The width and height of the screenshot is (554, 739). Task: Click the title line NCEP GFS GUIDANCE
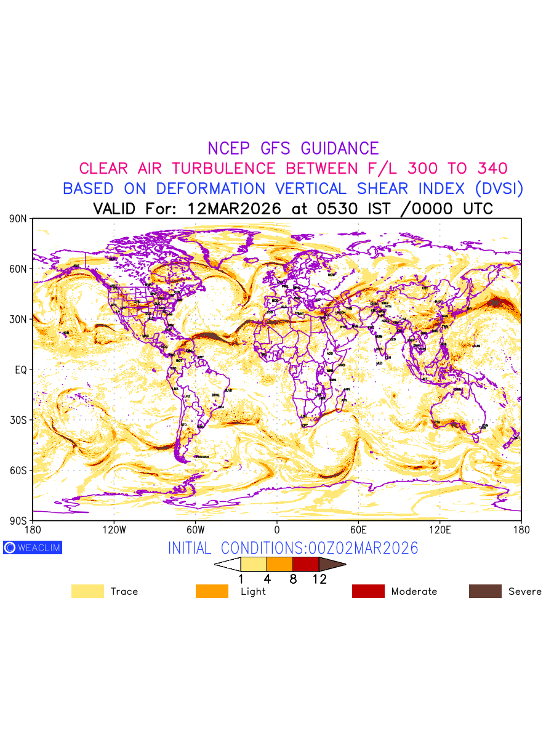(x=293, y=148)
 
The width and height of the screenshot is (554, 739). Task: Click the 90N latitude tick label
(x=17, y=219)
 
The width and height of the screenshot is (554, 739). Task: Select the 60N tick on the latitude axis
(x=17, y=269)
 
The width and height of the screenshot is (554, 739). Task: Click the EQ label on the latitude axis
(x=20, y=369)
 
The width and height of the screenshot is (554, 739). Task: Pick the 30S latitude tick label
(x=17, y=420)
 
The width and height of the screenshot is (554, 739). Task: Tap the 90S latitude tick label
(x=17, y=520)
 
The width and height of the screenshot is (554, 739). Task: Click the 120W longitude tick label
(x=114, y=529)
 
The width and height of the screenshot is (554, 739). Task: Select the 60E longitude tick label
(x=358, y=529)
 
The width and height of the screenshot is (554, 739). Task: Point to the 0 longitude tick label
(x=277, y=529)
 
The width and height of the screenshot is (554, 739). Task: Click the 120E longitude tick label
(x=440, y=529)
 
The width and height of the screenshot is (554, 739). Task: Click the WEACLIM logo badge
(x=33, y=547)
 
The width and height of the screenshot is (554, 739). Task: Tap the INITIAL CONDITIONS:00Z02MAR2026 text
(x=293, y=548)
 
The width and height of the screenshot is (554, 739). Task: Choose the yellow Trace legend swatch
(x=87, y=591)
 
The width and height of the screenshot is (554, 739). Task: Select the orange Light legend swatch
(x=212, y=591)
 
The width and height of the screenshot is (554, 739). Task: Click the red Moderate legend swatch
(x=368, y=591)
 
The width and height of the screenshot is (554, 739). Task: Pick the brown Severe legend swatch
(x=485, y=591)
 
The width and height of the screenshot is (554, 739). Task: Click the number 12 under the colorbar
(x=319, y=579)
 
